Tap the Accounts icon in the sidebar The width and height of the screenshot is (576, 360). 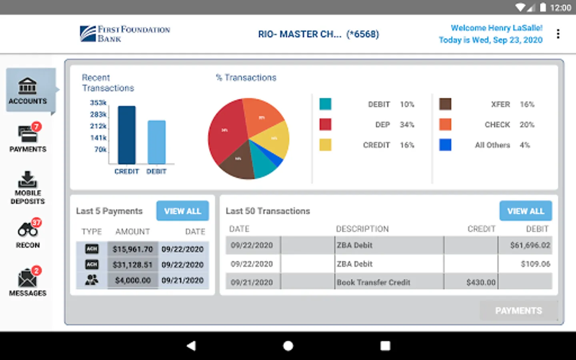pos(27,86)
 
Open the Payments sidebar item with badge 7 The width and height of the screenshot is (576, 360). pos(28,134)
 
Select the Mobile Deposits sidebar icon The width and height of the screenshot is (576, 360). pos(27,180)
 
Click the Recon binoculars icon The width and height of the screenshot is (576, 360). pos(28,230)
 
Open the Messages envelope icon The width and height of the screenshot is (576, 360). pos(27,278)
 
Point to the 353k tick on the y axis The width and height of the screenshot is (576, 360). pos(98,103)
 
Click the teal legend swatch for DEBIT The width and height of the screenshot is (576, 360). pos(325,104)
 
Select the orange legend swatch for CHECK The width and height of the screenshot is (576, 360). pos(445,124)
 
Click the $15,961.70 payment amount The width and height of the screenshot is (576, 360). pos(133,249)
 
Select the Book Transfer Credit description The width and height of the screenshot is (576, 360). pos(374,282)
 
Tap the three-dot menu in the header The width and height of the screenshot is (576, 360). pos(558,34)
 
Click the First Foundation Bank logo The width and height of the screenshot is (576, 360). pos(125,34)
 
